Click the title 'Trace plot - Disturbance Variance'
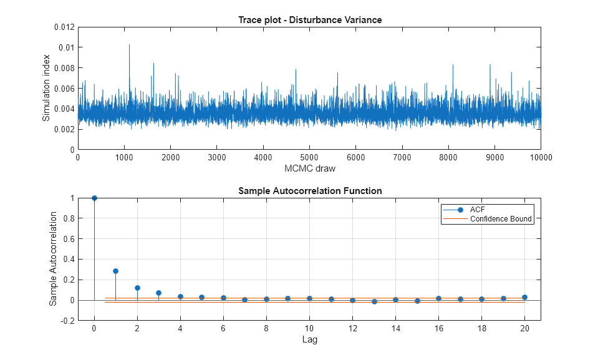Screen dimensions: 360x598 [x=309, y=20]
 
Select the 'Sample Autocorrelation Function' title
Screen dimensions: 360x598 [x=309, y=191]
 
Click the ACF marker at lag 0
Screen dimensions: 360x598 [x=94, y=198]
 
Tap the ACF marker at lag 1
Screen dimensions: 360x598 [x=115, y=271]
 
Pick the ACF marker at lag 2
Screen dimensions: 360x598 [x=137, y=288]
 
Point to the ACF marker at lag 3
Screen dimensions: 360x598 [x=158, y=293]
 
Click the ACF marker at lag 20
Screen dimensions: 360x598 [x=524, y=297]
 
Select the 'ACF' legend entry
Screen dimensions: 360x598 [x=478, y=210]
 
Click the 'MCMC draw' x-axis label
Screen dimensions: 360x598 [x=309, y=168]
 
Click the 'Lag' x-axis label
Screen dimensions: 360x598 [x=309, y=339]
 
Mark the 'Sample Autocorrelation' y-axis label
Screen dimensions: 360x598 [x=54, y=259]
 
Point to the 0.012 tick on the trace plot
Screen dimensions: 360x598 [x=62, y=27]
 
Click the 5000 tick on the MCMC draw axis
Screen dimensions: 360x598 [x=309, y=158]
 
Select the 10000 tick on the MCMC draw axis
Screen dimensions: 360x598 [x=541, y=158]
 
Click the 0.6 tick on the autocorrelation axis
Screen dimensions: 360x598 [x=67, y=239]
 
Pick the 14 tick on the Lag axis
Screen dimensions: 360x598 [x=395, y=329]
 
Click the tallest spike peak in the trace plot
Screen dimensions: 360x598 [x=129, y=45]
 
